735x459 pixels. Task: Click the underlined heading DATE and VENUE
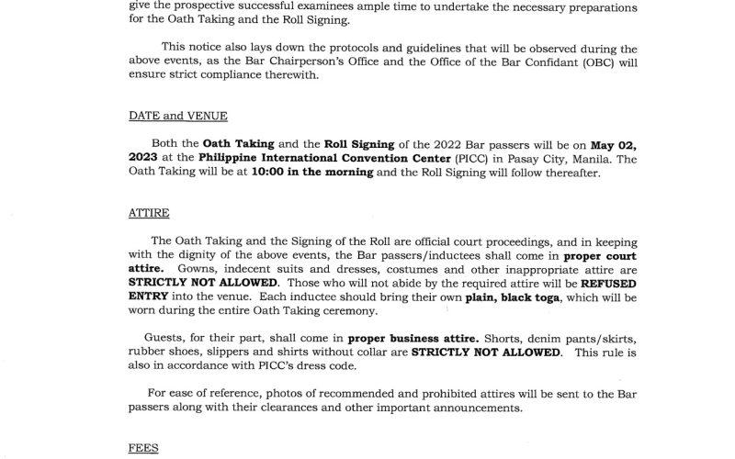pos(178,116)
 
